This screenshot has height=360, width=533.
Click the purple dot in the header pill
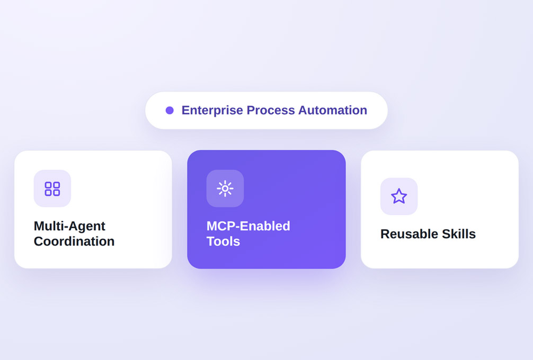coord(170,110)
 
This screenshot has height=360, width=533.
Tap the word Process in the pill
coord(271,110)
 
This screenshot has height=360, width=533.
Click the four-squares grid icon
coord(52,188)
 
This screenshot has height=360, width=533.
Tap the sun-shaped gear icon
coord(225,188)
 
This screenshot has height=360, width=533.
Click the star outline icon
coord(399,196)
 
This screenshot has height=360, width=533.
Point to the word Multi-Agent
coord(69,226)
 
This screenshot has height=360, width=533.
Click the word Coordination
coord(74,241)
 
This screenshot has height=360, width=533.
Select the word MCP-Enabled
coord(248,226)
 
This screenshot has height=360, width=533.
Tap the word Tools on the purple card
coord(224,241)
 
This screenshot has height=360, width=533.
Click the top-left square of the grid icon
coord(48,185)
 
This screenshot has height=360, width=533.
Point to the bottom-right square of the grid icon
coord(57,193)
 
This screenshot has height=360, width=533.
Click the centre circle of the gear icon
coord(225,188)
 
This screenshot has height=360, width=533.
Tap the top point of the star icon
coord(399,189)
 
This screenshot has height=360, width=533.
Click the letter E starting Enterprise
coord(186,110)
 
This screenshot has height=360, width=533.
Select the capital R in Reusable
coord(385,234)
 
